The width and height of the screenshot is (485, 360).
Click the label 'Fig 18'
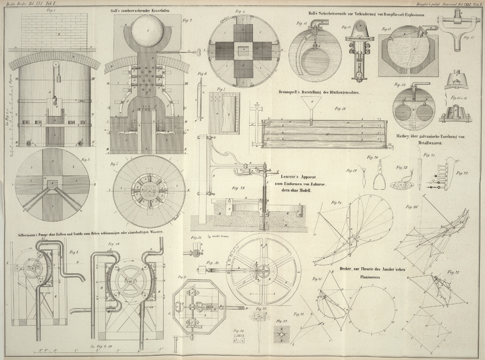click(x=340, y=109)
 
